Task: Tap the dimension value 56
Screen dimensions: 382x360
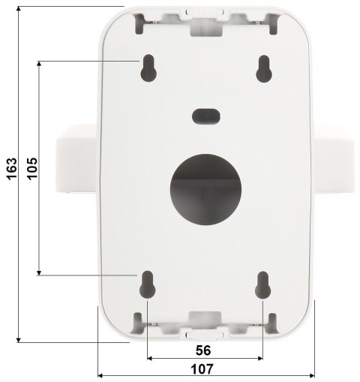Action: (x=203, y=350)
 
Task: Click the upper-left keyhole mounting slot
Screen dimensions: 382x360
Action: (x=147, y=68)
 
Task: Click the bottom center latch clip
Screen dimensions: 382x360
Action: (x=204, y=321)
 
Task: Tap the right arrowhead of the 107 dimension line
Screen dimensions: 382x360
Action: (x=311, y=375)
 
